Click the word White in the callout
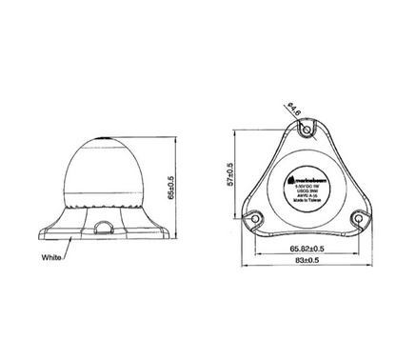[x=53, y=257]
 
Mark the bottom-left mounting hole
[x=254, y=217]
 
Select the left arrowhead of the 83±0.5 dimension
[x=240, y=266]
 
